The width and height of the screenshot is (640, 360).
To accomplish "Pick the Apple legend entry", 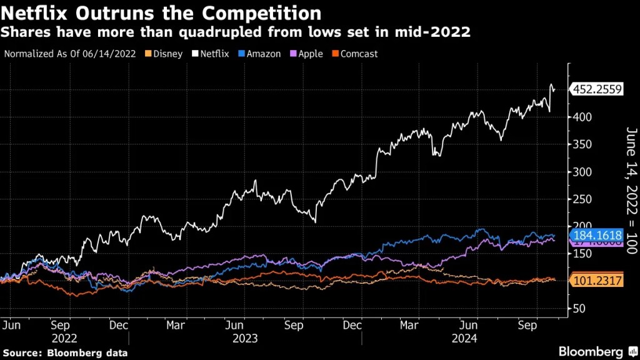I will (307, 54).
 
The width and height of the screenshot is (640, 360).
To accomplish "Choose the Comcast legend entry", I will (356, 54).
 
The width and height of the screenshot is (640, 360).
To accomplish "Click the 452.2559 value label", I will (597, 89).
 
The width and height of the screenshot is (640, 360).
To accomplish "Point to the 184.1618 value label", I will (597, 236).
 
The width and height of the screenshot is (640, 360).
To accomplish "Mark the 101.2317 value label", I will (597, 281).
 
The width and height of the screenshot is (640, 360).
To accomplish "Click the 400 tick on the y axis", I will (579, 117).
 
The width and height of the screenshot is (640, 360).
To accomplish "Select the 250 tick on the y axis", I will (579, 199).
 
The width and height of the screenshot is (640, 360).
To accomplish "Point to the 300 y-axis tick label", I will (579, 172).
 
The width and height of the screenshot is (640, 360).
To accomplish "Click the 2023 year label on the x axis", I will (244, 338).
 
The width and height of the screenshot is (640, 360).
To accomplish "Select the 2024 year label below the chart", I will (464, 338).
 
